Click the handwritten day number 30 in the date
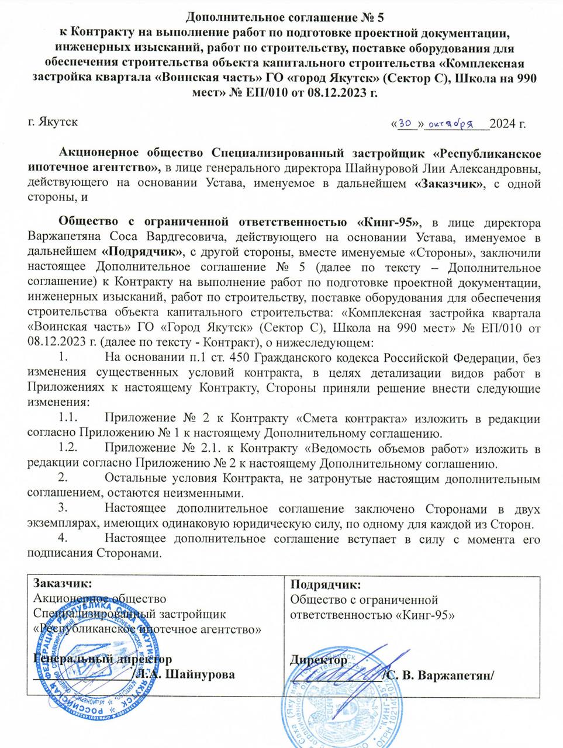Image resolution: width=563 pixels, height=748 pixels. pyautogui.click(x=406, y=123)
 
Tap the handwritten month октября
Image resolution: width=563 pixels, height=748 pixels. pyautogui.click(x=451, y=123)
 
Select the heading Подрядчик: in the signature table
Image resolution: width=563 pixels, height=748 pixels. pyautogui.click(x=326, y=584)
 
